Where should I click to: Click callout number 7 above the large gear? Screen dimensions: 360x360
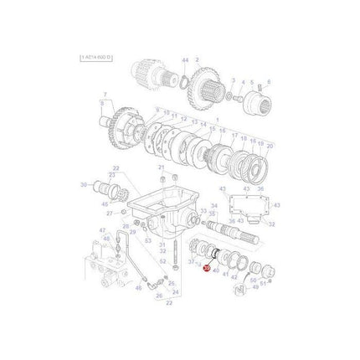(105, 95)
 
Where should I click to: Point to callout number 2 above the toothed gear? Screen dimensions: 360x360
(198, 62)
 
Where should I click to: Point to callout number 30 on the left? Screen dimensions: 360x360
(84, 184)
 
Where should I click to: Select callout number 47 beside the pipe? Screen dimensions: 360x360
(102, 230)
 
